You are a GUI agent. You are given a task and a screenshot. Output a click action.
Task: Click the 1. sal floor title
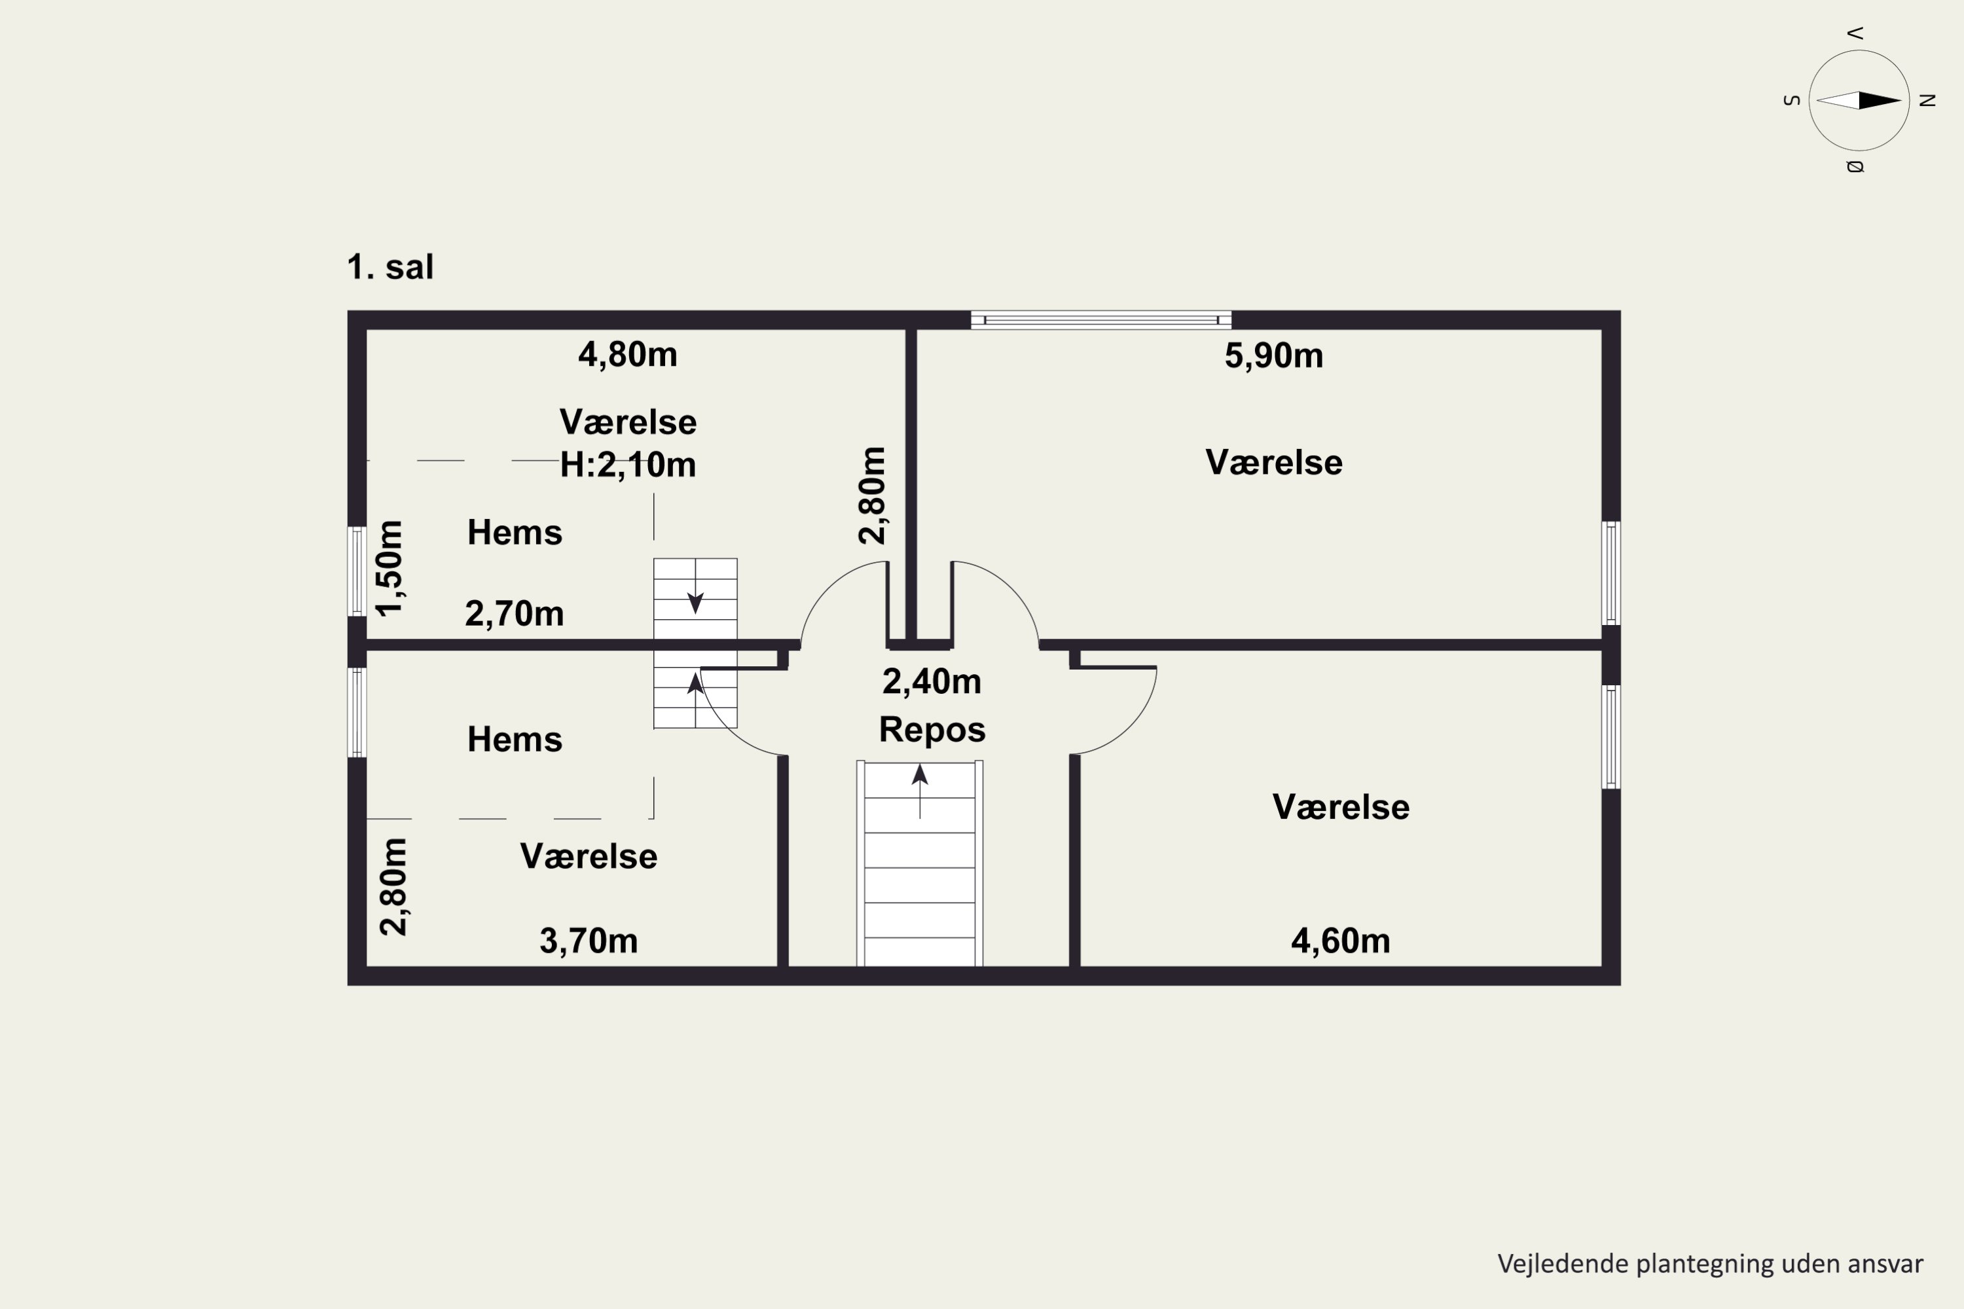[x=390, y=267]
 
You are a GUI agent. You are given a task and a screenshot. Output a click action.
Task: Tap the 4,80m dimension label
[x=627, y=355]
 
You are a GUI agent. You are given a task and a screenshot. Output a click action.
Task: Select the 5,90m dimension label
[x=1273, y=355]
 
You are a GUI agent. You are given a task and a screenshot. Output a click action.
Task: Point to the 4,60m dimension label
[x=1340, y=941]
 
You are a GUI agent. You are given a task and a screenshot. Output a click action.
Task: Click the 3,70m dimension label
[x=589, y=941]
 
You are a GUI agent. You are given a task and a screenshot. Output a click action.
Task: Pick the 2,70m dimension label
[x=515, y=614]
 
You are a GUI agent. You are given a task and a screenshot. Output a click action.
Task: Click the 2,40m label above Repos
[x=931, y=681]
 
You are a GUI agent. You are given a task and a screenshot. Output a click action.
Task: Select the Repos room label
[x=932, y=730]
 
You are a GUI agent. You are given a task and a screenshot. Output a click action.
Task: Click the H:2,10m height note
[x=628, y=464]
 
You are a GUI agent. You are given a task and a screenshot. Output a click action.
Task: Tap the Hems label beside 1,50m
[x=515, y=533]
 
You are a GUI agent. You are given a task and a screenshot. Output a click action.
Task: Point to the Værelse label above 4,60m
[x=1340, y=807]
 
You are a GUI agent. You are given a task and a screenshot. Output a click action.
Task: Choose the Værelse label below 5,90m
[x=1273, y=463]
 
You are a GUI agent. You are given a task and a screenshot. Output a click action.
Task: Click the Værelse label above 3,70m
[x=589, y=857]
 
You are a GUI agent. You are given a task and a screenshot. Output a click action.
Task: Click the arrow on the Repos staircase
[x=919, y=791]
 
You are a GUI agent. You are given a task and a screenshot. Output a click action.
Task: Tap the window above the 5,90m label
[x=1100, y=320]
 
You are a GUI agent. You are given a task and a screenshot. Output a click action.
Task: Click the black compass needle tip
[x=1901, y=100]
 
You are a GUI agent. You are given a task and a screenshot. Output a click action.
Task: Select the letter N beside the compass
[x=1927, y=100]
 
